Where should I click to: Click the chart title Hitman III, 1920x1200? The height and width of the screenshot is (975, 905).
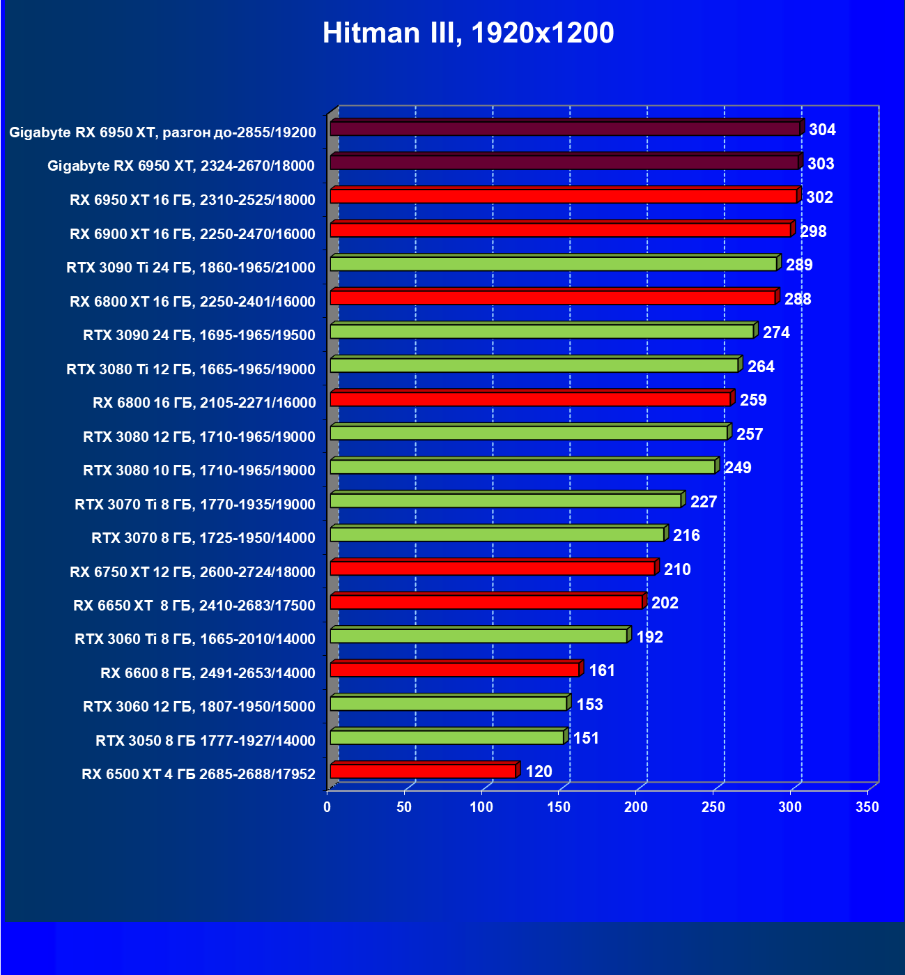click(468, 33)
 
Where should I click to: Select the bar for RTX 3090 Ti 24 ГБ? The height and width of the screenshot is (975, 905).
click(553, 264)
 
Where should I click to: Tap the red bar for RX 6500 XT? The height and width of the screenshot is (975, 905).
click(423, 771)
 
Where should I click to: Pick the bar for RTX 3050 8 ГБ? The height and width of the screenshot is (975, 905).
click(447, 737)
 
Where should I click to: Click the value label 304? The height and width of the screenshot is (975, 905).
click(822, 130)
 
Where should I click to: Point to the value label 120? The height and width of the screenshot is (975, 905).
click(539, 771)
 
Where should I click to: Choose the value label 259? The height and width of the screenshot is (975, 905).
click(753, 400)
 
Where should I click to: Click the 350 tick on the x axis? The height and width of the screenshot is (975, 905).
click(867, 807)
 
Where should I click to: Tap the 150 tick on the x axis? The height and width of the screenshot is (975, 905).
click(559, 807)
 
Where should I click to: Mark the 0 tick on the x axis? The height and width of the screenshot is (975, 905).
click(327, 807)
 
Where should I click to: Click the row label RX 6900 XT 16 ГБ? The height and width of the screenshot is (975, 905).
click(192, 234)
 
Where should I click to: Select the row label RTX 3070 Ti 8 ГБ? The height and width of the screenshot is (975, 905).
click(195, 505)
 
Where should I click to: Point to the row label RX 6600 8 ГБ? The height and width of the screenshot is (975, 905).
click(208, 673)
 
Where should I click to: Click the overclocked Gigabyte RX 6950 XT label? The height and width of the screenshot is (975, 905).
click(162, 132)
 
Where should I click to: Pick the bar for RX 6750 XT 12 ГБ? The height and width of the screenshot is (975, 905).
click(493, 569)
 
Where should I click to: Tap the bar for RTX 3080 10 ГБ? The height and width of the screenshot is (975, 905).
click(523, 467)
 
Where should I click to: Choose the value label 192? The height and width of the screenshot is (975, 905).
click(649, 637)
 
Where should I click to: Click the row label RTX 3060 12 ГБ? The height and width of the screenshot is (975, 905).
click(199, 707)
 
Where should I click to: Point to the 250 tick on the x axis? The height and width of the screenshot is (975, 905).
click(713, 807)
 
